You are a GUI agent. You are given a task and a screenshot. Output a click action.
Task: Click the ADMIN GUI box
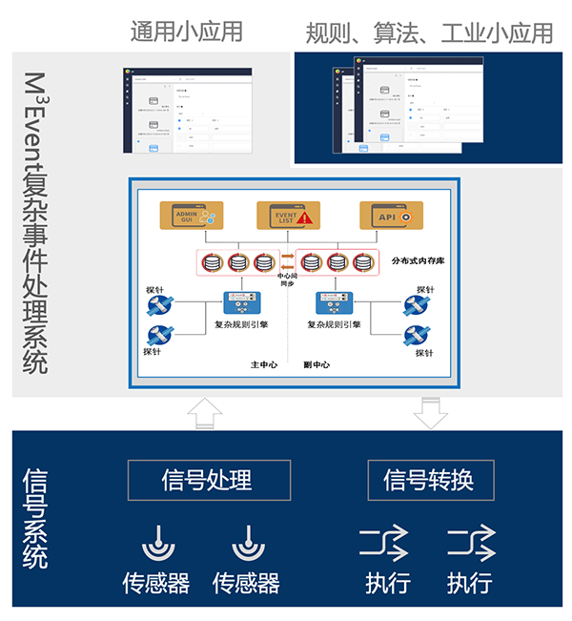coord(191,215)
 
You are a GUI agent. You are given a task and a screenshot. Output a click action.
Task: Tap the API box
coord(390,215)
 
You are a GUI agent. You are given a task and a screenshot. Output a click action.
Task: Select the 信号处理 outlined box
coord(207,480)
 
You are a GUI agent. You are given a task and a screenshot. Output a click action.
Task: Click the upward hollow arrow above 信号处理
coord(206,412)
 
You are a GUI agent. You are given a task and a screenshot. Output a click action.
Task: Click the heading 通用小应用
coord(186,31)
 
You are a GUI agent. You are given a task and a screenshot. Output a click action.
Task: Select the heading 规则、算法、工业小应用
coord(429,33)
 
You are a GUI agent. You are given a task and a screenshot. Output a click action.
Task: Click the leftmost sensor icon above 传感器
coord(157,544)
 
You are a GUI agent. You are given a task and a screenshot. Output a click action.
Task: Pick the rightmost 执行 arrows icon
coord(471,544)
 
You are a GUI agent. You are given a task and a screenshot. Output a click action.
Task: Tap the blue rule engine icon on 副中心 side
coord(335,302)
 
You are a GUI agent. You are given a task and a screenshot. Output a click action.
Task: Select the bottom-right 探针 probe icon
coord(419,336)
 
